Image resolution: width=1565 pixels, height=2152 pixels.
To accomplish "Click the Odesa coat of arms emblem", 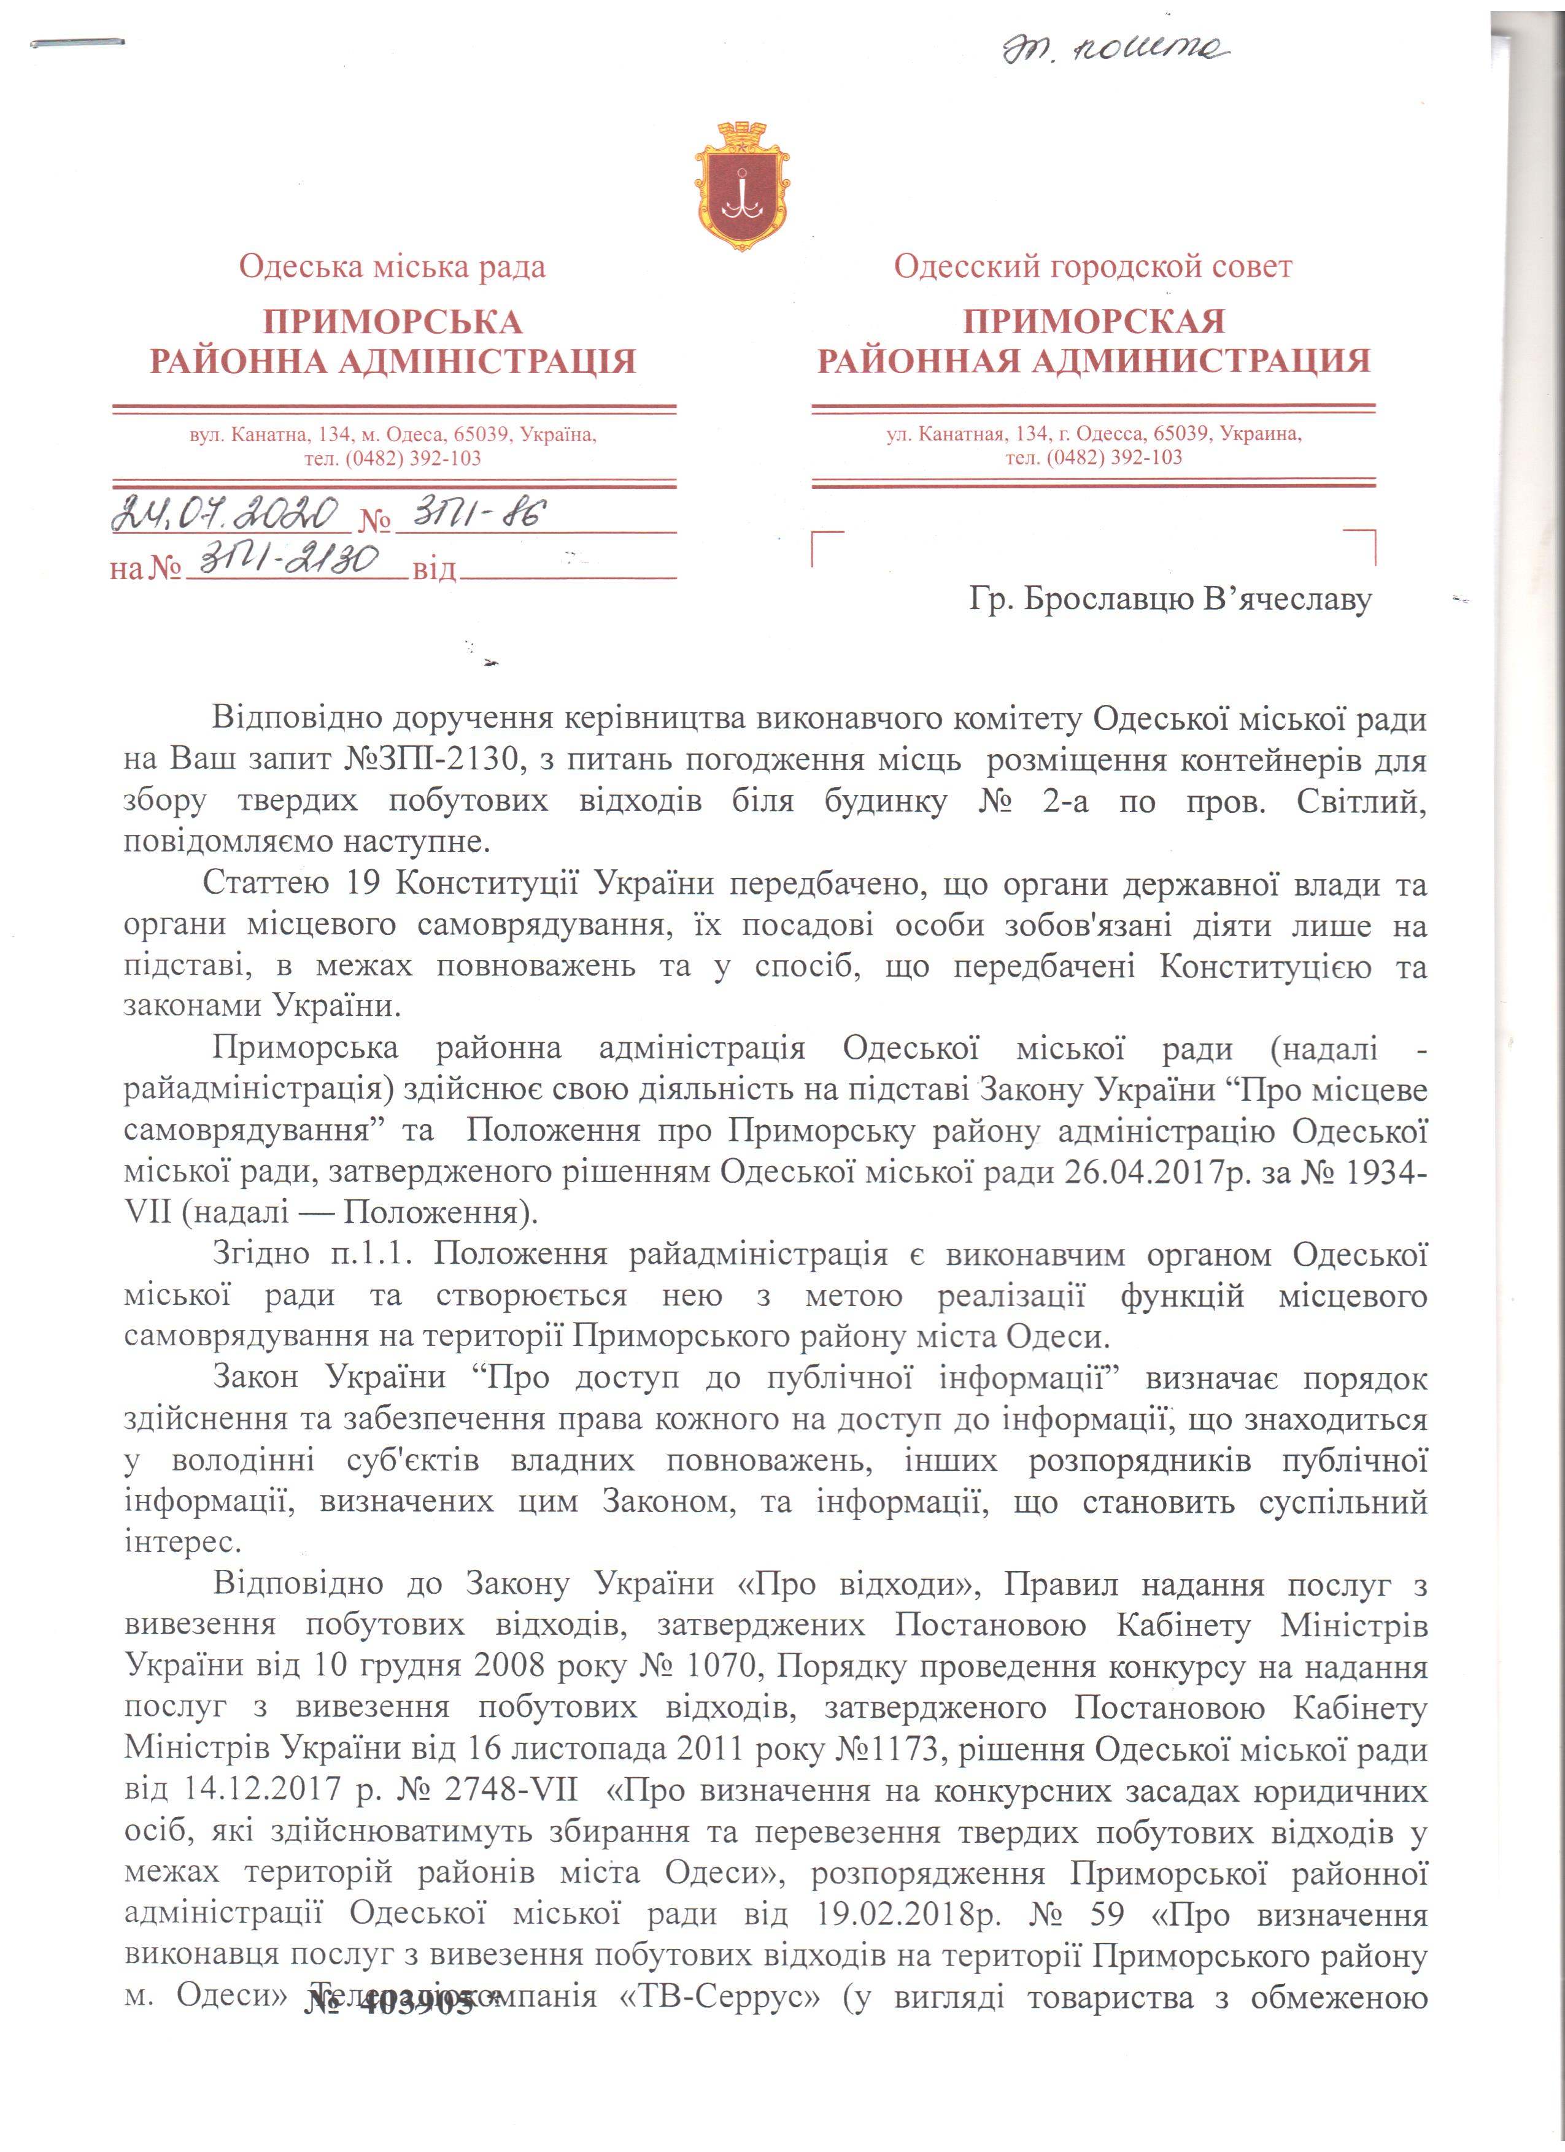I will [742, 188].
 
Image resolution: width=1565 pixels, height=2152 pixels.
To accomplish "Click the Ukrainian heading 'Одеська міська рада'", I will [392, 267].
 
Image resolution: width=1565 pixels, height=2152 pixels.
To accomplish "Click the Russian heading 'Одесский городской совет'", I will [1092, 267].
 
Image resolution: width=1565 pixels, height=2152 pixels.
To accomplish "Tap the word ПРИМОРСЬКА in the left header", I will [392, 321].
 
